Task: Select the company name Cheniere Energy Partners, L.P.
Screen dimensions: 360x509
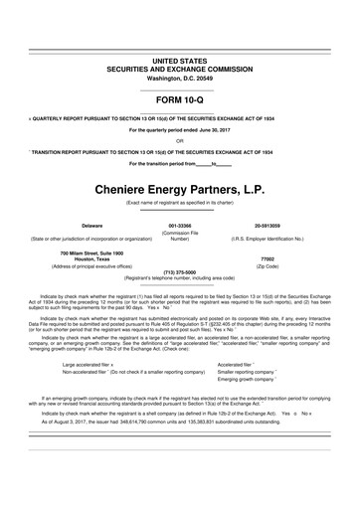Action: (x=179, y=186)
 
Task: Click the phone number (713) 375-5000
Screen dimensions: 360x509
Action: (x=179, y=271)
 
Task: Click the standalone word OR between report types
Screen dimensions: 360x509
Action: (x=179, y=141)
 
